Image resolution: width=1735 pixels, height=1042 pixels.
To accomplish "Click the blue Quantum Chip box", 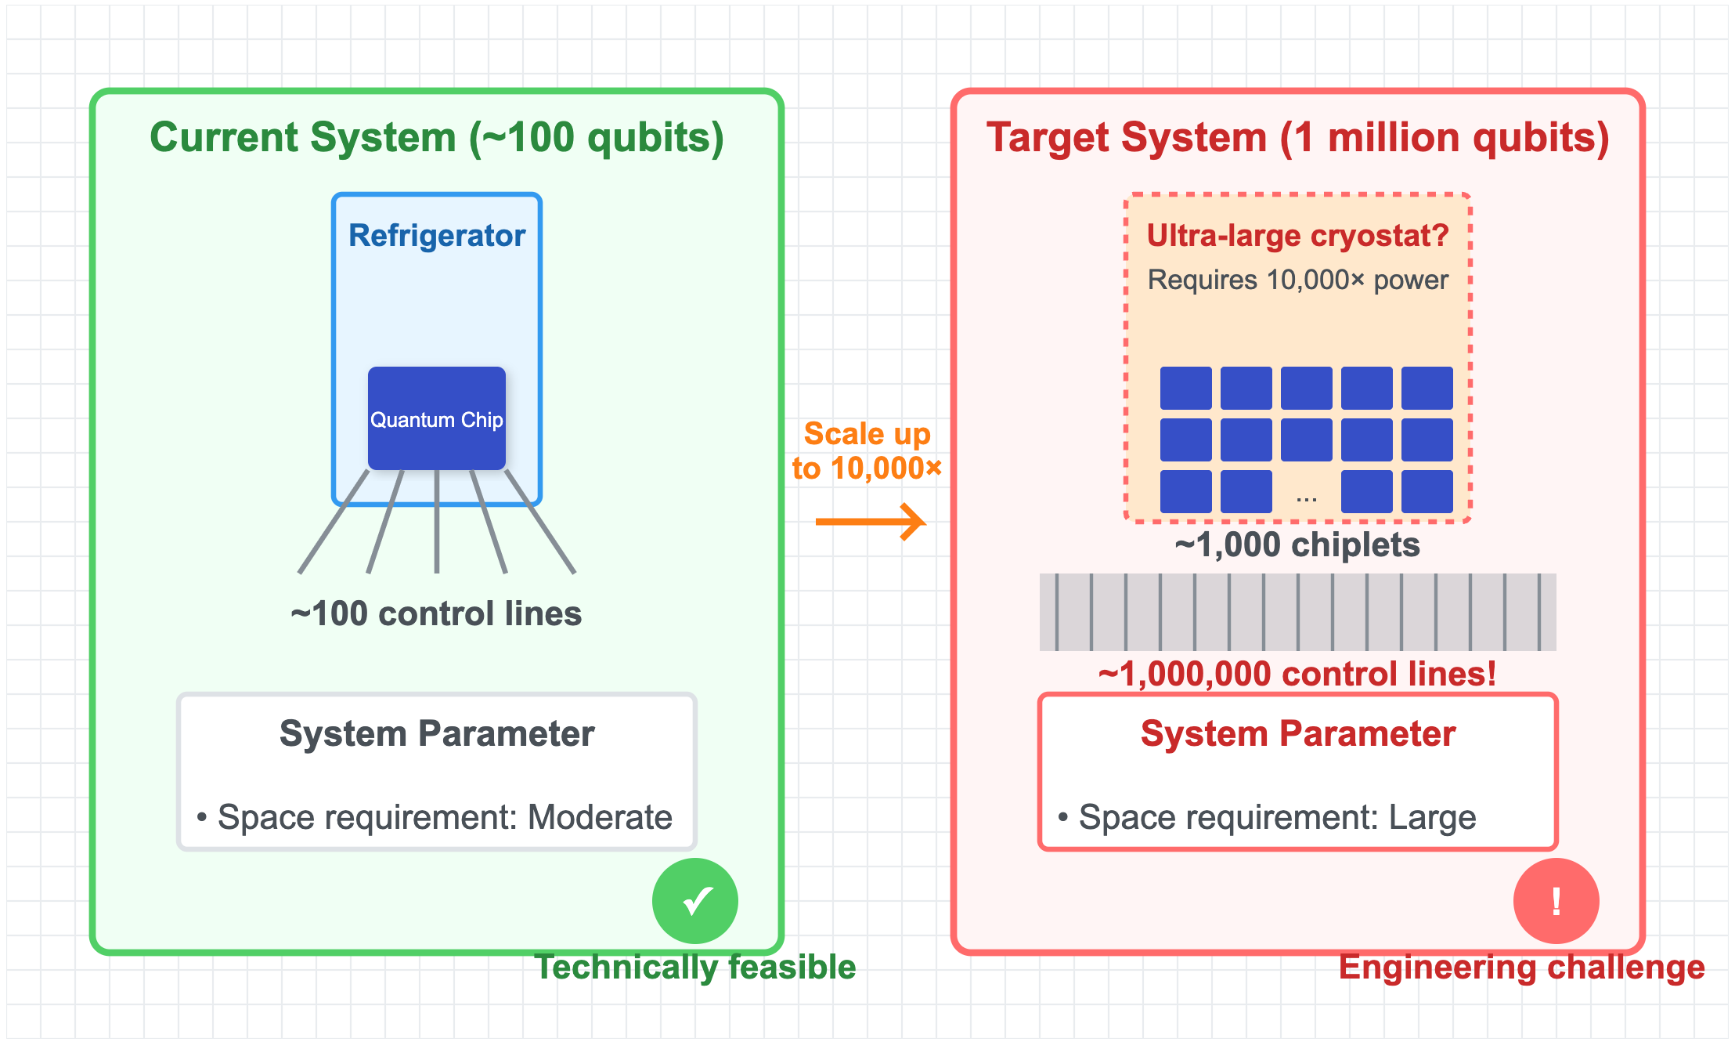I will [436, 418].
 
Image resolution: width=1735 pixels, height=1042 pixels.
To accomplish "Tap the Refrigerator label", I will [436, 236].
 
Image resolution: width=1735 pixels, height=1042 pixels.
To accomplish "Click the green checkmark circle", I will [694, 901].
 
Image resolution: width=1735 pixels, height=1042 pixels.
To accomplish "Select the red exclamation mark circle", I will [1556, 901].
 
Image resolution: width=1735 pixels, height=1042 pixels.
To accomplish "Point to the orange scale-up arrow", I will [870, 522].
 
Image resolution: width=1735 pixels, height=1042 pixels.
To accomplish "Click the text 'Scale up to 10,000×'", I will [867, 451].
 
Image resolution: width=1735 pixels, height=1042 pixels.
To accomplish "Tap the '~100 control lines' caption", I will [436, 613].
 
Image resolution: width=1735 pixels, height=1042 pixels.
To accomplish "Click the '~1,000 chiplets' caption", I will [1297, 545].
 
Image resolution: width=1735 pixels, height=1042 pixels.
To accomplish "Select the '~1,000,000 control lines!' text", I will [1297, 674].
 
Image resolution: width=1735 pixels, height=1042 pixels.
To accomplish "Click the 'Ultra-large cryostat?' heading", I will [1297, 236].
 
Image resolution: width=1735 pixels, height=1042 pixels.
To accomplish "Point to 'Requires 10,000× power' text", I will [1297, 280].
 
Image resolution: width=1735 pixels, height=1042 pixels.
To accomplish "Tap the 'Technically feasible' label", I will [694, 967].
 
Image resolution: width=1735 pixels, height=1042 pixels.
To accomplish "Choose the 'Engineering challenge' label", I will [1521, 967].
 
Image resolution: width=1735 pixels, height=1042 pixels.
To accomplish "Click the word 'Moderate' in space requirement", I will [600, 817].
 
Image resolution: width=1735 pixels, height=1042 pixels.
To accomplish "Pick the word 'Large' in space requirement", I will [1432, 817].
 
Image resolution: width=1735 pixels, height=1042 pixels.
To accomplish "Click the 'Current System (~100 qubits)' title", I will [436, 138].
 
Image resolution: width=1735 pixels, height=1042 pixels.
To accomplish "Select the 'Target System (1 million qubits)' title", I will [1297, 138].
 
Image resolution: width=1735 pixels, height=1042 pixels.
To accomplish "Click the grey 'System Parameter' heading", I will [436, 734].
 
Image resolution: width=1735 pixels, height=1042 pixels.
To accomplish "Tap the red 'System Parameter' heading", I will [1297, 734].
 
